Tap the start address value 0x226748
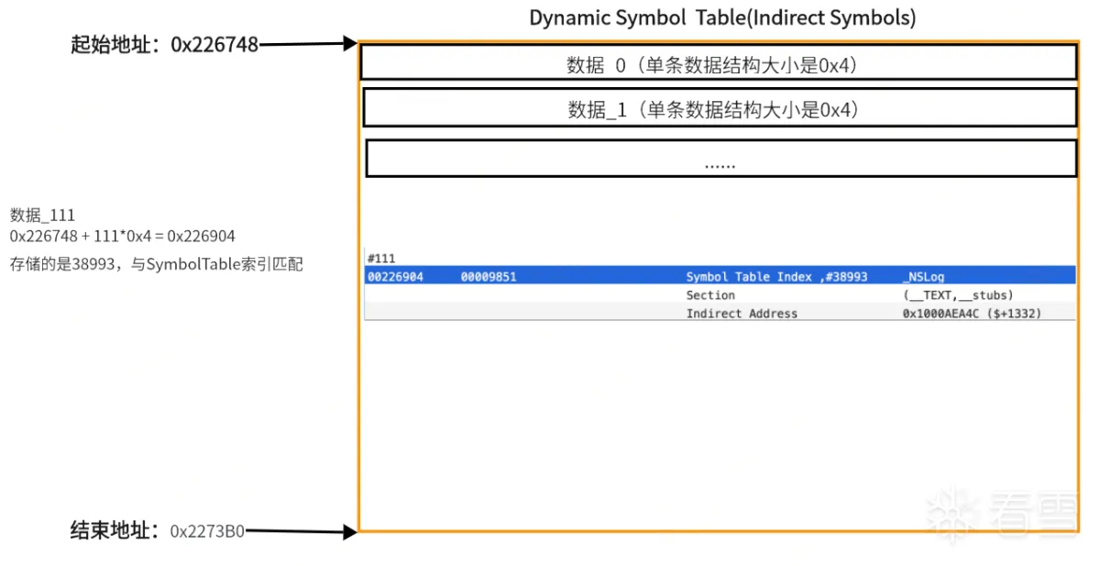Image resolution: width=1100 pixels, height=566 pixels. click(x=214, y=45)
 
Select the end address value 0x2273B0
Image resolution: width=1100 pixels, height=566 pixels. click(x=207, y=531)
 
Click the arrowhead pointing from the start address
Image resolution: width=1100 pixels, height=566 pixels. click(x=349, y=43)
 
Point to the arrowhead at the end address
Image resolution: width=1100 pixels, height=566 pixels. click(x=349, y=532)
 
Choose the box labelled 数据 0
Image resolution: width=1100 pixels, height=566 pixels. click(x=719, y=61)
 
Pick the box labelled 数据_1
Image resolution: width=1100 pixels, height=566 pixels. click(x=720, y=107)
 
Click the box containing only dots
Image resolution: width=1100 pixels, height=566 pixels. click(x=720, y=158)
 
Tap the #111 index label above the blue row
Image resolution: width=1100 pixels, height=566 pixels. click(x=381, y=259)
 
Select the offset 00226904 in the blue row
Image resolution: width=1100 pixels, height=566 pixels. click(x=395, y=277)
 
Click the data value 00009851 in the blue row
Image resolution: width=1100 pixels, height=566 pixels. click(x=489, y=277)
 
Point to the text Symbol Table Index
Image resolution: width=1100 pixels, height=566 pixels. click(x=749, y=277)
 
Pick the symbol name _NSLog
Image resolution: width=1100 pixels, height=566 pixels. click(x=923, y=277)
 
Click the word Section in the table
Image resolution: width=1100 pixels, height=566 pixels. click(x=710, y=295)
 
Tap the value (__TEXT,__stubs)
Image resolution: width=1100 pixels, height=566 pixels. click(x=958, y=295)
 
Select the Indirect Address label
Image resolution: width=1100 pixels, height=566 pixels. click(x=742, y=314)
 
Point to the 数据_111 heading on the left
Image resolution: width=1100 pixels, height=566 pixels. click(x=42, y=216)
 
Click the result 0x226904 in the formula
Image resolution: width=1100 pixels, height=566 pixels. click(x=201, y=237)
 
